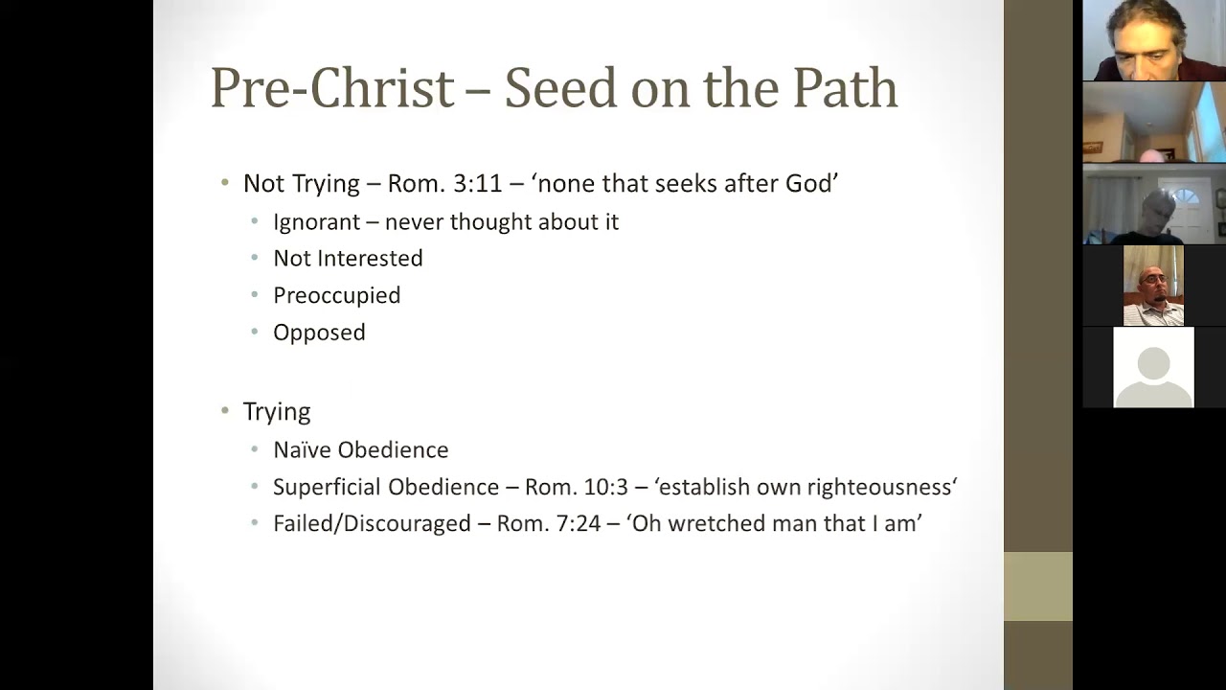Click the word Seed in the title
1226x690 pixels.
click(560, 88)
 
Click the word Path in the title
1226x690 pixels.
click(845, 88)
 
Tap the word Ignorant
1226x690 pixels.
click(316, 221)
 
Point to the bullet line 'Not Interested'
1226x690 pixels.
click(348, 259)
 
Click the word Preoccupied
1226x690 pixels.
click(336, 295)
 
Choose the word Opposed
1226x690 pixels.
click(319, 333)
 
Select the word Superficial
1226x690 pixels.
click(327, 487)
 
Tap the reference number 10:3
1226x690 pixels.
click(604, 487)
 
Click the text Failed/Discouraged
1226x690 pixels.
click(372, 523)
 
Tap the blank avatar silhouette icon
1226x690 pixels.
click(1153, 368)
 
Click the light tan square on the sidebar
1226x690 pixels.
click(1037, 586)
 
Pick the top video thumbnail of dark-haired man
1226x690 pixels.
click(1153, 40)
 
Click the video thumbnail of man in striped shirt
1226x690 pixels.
click(1153, 286)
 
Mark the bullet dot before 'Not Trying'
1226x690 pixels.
click(225, 183)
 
